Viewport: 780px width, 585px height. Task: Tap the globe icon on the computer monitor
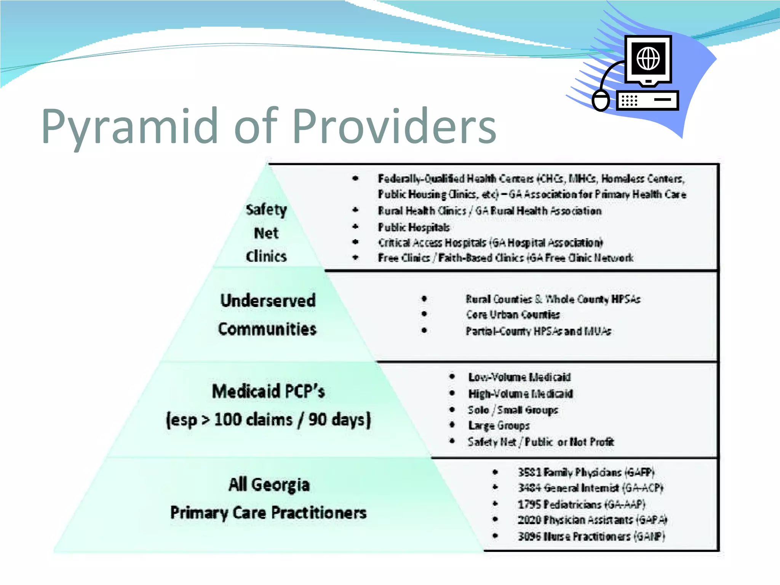(648, 59)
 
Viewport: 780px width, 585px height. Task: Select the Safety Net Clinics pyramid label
(266, 233)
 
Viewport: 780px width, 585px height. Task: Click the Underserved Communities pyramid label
(268, 315)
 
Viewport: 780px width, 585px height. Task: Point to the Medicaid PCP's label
(269, 392)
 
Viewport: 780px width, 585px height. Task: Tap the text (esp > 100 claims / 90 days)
(269, 420)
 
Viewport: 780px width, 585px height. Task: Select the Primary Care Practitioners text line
(269, 513)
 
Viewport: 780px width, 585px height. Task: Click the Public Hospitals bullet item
(414, 227)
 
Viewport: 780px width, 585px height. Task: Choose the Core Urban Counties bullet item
(513, 315)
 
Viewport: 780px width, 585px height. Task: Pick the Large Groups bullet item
(499, 425)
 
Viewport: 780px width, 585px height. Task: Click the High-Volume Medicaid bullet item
(520, 393)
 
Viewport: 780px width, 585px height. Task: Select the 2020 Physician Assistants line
(592, 520)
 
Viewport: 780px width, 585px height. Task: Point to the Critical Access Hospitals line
(490, 243)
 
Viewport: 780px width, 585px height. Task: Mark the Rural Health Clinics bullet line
(489, 211)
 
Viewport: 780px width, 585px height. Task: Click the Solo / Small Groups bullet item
(513, 410)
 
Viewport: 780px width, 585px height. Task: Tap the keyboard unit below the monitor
(647, 101)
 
